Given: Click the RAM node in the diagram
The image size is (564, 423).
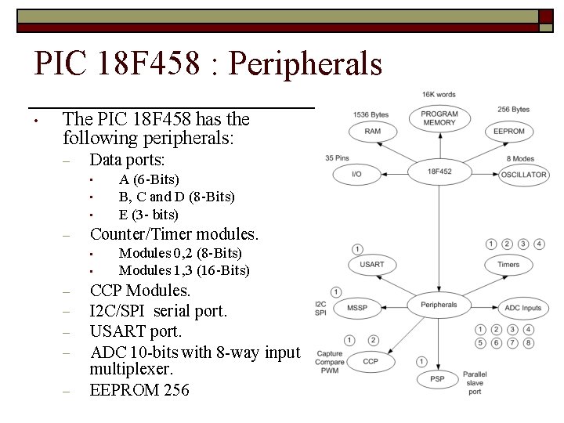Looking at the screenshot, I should point(372,131).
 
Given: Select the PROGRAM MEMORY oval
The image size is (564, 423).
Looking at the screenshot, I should point(439,118).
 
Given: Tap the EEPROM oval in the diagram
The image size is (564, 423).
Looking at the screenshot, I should point(509,131).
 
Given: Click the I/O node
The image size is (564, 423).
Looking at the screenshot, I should point(356,173).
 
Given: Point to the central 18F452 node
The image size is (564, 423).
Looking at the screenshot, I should point(439,170).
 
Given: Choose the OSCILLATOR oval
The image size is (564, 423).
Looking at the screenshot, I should point(523,174).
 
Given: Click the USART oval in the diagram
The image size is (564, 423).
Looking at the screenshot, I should point(372,265).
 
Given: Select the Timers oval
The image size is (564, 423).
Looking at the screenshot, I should point(508,265).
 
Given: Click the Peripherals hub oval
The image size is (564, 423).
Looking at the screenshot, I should point(439,305).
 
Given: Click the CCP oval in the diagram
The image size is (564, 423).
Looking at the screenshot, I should point(371,361).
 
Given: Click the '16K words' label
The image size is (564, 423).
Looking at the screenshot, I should point(439,95).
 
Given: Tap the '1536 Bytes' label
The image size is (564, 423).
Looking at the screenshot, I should point(371,114).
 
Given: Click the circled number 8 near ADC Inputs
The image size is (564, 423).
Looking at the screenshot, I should point(529,342).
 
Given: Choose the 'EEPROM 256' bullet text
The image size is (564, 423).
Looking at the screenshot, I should point(139,389).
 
